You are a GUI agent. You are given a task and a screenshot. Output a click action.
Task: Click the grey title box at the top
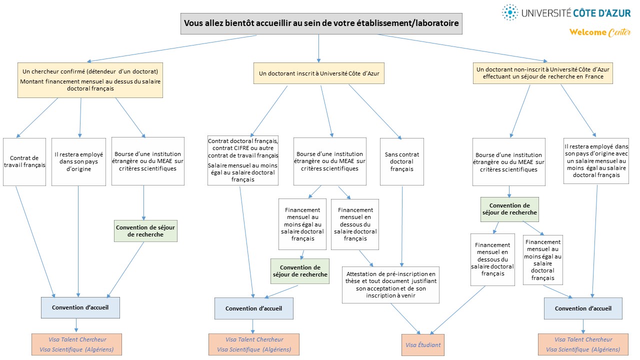pyautogui.click(x=321, y=23)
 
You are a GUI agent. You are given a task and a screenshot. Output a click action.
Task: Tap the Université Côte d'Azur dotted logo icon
pyautogui.click(x=510, y=12)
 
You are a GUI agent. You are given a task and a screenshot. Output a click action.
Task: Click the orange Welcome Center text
pyautogui.click(x=599, y=32)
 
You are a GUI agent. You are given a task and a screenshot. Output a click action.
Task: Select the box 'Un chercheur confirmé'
pyautogui.click(x=90, y=80)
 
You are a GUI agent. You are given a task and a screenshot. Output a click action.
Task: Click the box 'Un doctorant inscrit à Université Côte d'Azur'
pyautogui.click(x=319, y=73)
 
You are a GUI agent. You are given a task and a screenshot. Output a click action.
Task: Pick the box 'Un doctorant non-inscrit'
pyautogui.click(x=543, y=73)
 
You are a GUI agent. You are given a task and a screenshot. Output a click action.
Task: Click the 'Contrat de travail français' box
pyautogui.click(x=24, y=162)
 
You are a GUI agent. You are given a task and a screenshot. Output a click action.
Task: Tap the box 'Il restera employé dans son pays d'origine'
pyautogui.click(x=79, y=162)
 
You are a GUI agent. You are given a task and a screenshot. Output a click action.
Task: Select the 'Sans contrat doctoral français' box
pyautogui.click(x=402, y=161)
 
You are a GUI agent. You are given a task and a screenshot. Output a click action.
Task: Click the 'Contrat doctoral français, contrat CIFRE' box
pyautogui.click(x=243, y=160)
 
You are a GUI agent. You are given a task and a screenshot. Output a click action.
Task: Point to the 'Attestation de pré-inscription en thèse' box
pyautogui.click(x=390, y=285)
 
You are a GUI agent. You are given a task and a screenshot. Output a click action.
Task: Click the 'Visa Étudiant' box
pyautogui.click(x=423, y=345)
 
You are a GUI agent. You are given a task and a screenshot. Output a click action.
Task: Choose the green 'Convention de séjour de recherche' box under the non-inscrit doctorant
pyautogui.click(x=509, y=209)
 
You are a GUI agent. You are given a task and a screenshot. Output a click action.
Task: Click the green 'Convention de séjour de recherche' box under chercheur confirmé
pyautogui.click(x=145, y=231)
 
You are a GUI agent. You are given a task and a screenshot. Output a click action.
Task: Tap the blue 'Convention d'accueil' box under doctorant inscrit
pyautogui.click(x=254, y=308)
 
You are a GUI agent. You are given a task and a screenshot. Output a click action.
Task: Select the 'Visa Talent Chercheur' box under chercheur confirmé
pyautogui.click(x=76, y=344)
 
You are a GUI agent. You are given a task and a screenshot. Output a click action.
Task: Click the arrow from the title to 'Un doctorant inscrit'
pyautogui.click(x=318, y=48)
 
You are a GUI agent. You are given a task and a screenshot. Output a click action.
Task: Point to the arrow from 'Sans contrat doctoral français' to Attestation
pyautogui.click(x=402, y=226)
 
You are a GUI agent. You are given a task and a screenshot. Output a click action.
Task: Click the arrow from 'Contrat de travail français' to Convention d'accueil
pyautogui.click(x=35, y=242)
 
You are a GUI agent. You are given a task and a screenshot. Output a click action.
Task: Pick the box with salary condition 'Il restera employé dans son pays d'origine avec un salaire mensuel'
pyautogui.click(x=596, y=161)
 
